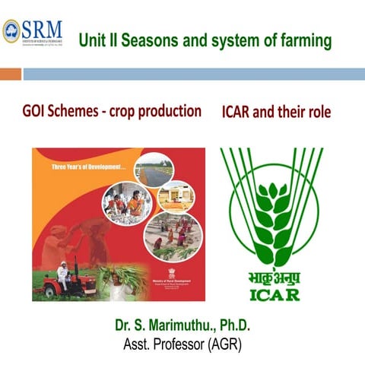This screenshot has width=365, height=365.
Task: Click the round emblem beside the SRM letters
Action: click(11, 31)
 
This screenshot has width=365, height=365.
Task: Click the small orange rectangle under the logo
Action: click(11, 75)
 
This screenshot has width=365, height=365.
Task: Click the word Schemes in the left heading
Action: click(83, 111)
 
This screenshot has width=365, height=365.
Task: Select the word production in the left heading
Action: click(171, 111)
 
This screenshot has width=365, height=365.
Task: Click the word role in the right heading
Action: click(318, 113)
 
